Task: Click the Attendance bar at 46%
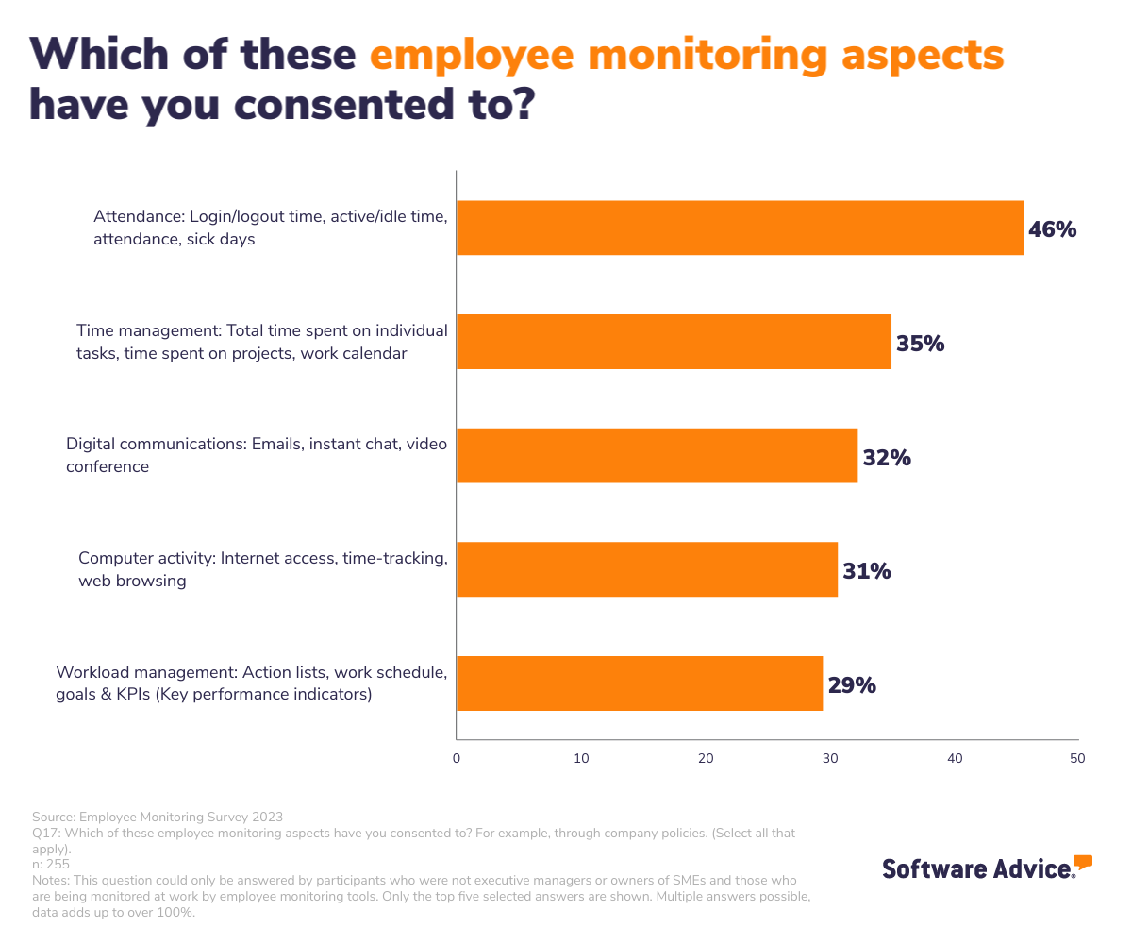(x=740, y=228)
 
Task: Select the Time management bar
(x=674, y=342)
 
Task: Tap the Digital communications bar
(x=657, y=456)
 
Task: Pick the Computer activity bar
(x=647, y=569)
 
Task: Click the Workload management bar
(x=640, y=683)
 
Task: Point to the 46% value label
(x=1052, y=229)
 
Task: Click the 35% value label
(x=920, y=344)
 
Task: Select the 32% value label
(x=887, y=458)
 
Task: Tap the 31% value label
(x=866, y=571)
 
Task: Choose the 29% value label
(x=852, y=685)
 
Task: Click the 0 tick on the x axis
(x=457, y=758)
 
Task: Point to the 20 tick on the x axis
(x=706, y=758)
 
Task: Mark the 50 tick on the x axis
(x=1077, y=758)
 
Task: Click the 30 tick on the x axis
(x=830, y=758)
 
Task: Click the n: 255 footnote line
(x=51, y=864)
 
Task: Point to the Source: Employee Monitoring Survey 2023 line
(x=158, y=817)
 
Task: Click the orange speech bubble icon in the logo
(x=1083, y=861)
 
